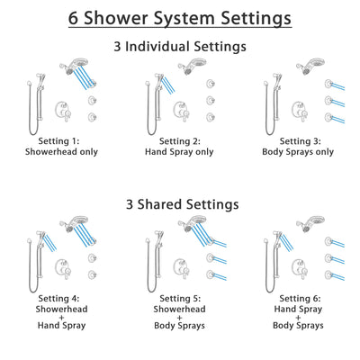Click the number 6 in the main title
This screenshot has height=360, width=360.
click(74, 18)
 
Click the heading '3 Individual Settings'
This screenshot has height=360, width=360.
click(180, 45)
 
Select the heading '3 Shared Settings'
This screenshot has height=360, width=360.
click(180, 204)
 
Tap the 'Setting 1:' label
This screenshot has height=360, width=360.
click(64, 140)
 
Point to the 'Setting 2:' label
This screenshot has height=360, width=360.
click(179, 140)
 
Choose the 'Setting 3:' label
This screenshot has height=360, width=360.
click(295, 140)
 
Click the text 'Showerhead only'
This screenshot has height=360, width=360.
click(64, 152)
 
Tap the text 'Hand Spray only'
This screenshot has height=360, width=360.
click(179, 152)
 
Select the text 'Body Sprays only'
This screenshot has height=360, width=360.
click(295, 152)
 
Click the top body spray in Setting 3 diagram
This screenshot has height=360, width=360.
click(323, 85)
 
